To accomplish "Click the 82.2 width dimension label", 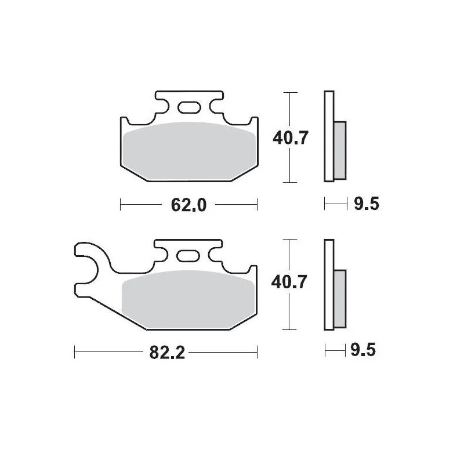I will (167, 352).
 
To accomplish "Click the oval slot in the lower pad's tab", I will (188, 255).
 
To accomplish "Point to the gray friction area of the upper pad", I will (188, 149).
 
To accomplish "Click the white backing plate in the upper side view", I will (329, 137).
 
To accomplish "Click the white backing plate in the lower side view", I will (329, 284).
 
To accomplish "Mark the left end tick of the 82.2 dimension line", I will (75, 352).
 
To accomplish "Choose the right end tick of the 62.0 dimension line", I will (256, 204).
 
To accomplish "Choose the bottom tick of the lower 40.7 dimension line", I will (289, 329).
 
